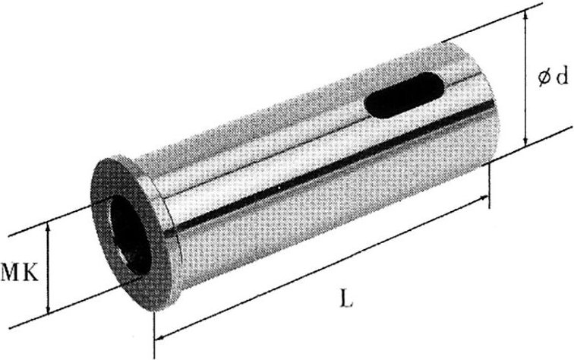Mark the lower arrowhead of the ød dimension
tap(526, 142)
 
